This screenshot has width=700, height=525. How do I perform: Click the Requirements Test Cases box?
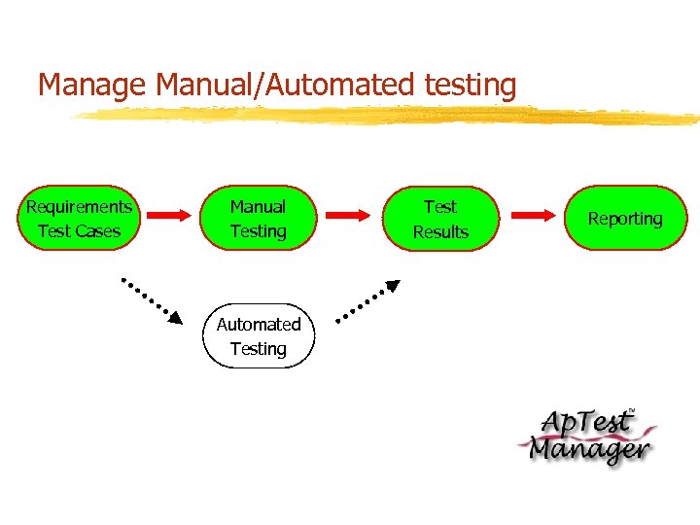point(79,219)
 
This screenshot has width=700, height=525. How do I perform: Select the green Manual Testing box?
point(258,219)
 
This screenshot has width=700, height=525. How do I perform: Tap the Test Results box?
point(440,219)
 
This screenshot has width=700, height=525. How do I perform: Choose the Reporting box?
point(625,219)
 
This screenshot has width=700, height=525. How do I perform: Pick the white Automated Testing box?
point(259,336)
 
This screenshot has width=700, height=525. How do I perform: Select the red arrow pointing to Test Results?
point(350,214)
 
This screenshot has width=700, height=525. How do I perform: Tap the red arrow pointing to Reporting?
point(535,214)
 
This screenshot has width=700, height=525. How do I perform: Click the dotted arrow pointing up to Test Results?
point(367,300)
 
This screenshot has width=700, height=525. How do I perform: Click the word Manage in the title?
point(92,86)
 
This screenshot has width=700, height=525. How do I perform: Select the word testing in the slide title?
point(471,86)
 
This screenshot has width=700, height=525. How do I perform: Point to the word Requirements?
point(79,207)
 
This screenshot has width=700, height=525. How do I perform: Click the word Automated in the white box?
point(259,325)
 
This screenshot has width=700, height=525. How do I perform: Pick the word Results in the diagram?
point(440,232)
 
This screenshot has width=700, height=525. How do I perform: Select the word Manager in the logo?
point(589,449)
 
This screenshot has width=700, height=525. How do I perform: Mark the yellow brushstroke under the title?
point(389,116)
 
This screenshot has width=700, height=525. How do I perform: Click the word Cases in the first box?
point(98,231)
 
